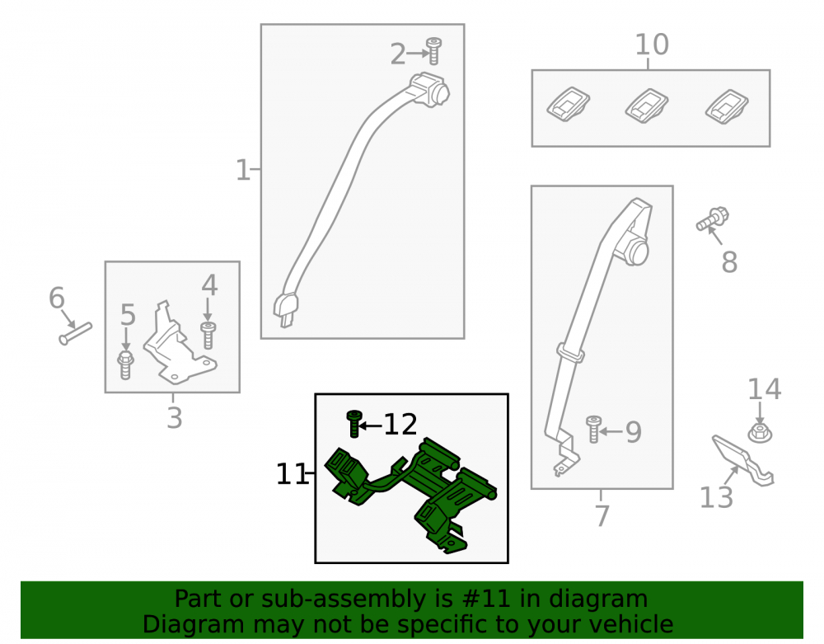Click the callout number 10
tap(652, 45)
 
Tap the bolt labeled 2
tap(433, 51)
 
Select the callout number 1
tap(242, 171)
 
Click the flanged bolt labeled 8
tap(712, 219)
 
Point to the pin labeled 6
tap(75, 334)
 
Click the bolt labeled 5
tap(125, 364)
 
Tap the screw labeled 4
tap(208, 336)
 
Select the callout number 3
tap(175, 418)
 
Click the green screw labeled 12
tap(354, 425)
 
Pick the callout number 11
tap(291, 474)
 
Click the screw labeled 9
tap(594, 430)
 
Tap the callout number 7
tap(602, 515)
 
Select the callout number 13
tap(716, 496)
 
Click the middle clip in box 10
tap(646, 106)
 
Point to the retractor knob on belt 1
tap(438, 93)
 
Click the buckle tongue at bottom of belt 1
tap(286, 311)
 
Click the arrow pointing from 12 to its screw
tap(370, 425)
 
